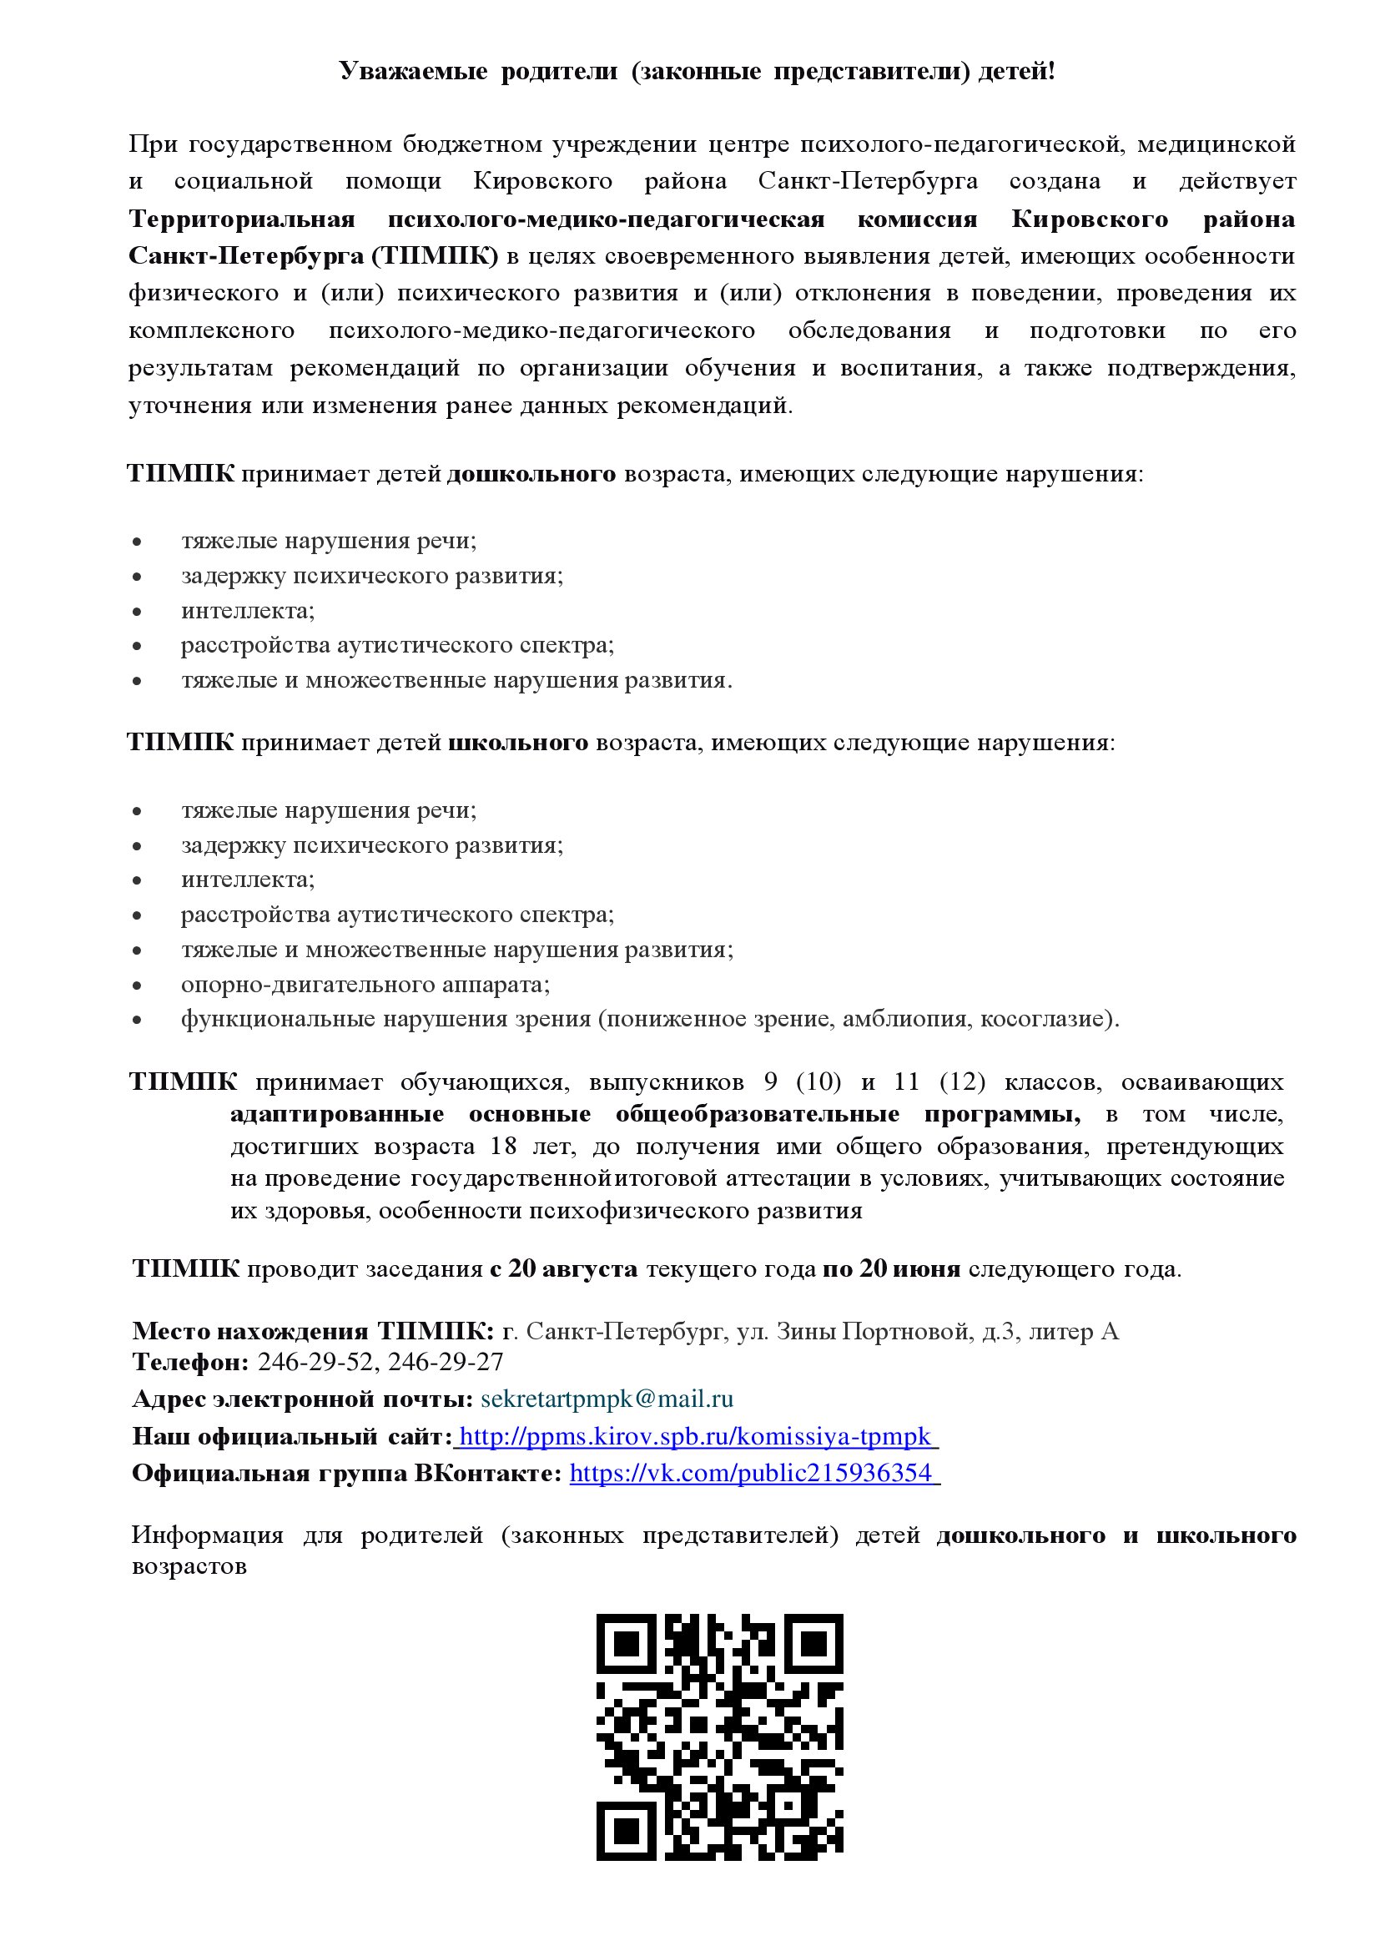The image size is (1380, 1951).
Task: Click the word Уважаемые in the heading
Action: point(413,72)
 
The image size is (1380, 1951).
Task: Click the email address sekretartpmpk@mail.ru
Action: point(607,1399)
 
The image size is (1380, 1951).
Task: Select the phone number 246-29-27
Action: point(446,1362)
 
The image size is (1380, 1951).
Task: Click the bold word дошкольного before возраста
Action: point(531,473)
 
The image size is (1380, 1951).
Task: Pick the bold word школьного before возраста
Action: point(517,743)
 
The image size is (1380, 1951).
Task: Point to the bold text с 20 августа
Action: point(563,1268)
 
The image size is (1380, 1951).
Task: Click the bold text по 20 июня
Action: point(891,1268)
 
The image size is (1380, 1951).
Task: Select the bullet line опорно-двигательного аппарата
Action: point(365,984)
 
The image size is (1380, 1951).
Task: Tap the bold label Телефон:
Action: point(189,1362)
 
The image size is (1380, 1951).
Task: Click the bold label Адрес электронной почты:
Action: point(303,1399)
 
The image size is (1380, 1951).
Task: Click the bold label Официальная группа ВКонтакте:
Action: point(347,1473)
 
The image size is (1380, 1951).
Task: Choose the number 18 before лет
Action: point(502,1147)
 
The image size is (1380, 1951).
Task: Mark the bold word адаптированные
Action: point(336,1114)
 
